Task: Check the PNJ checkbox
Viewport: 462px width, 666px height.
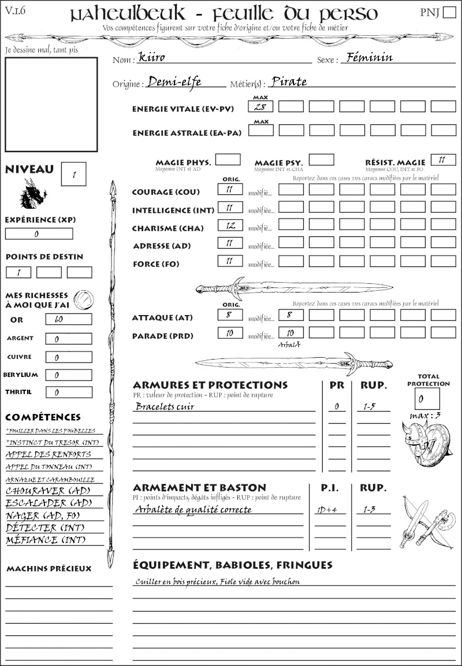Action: (448, 13)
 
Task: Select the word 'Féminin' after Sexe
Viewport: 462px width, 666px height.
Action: (367, 57)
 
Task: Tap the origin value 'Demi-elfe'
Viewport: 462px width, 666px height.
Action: (174, 82)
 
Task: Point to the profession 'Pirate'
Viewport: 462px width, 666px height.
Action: (289, 82)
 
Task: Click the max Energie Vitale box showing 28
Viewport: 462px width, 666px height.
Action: (260, 106)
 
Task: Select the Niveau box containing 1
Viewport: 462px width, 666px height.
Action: (73, 174)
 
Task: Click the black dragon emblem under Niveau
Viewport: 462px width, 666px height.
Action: (33, 194)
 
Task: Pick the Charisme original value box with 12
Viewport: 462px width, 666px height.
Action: (229, 226)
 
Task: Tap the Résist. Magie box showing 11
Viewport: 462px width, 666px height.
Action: (442, 160)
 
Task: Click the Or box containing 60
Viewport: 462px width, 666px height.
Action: (68, 319)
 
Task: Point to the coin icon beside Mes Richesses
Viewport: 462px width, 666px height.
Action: (83, 299)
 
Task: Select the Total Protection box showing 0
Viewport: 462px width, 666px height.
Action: (427, 398)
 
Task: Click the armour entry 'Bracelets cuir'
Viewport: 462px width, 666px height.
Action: (165, 406)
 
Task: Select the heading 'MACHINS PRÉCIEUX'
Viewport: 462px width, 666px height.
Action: (49, 569)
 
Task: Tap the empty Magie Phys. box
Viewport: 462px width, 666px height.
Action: (228, 160)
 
